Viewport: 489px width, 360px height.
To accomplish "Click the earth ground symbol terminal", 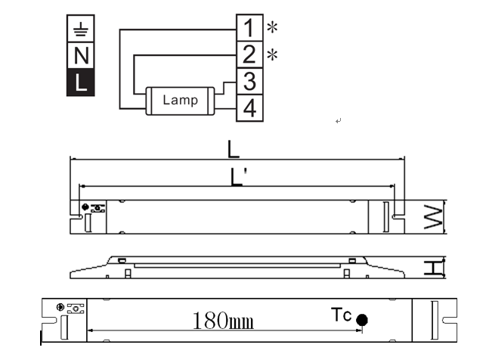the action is coord(80,29).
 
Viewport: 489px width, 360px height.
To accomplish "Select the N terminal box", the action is coord(80,55).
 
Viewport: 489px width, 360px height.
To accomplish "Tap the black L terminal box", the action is coord(80,82).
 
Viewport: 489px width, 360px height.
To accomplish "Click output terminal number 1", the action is coord(249,27).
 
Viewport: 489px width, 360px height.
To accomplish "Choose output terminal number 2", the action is coord(249,54).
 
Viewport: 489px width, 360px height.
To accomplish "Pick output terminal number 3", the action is coord(249,81).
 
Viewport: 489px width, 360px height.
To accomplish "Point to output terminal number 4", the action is coord(249,108).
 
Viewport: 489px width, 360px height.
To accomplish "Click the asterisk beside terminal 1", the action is coord(272,27).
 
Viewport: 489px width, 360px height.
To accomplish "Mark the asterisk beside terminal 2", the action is coord(272,54).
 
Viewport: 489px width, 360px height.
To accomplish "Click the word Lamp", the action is coord(180,100).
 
